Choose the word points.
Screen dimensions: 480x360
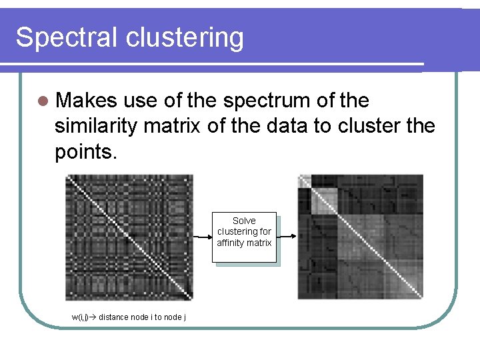[x=86, y=151]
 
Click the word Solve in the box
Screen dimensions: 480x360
[x=244, y=221]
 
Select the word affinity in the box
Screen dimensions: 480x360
[x=230, y=243]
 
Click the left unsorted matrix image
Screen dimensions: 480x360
[x=129, y=237]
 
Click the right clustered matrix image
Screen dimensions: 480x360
[x=360, y=237]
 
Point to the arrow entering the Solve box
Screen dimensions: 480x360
[x=202, y=237]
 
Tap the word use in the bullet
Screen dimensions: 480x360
[x=138, y=101]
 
